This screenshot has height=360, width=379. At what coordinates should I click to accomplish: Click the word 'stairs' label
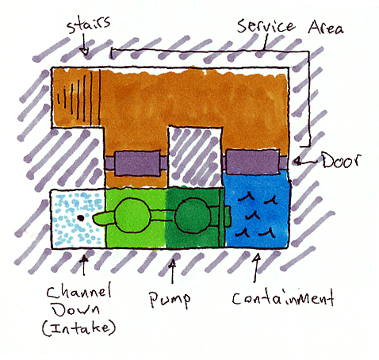click(x=88, y=25)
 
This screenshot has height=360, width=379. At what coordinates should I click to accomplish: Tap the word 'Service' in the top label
click(x=266, y=26)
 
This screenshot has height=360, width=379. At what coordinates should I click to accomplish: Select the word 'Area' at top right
click(x=326, y=27)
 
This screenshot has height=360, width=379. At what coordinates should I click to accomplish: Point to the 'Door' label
click(x=341, y=160)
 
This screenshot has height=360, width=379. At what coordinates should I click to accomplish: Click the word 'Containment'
click(x=283, y=297)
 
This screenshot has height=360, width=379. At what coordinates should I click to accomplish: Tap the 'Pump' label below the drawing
click(x=170, y=300)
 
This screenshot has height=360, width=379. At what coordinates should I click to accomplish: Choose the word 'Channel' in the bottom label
click(x=79, y=291)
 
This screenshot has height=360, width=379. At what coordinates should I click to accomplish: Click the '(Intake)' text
click(x=79, y=327)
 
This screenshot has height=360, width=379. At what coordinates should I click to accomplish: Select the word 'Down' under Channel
click(x=76, y=309)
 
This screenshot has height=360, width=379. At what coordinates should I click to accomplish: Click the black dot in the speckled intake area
click(x=81, y=218)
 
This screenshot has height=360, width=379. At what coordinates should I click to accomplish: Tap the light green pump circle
click(x=132, y=216)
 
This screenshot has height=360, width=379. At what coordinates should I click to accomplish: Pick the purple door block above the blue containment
click(x=253, y=161)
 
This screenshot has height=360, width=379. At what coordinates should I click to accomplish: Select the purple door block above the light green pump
click(x=138, y=163)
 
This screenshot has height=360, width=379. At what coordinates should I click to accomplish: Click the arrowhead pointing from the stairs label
click(x=85, y=52)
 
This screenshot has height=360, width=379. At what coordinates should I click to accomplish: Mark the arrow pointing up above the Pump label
click(x=172, y=272)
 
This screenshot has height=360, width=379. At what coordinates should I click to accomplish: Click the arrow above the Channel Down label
click(x=84, y=266)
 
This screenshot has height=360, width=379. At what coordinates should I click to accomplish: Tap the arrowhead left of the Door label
click(x=297, y=161)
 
